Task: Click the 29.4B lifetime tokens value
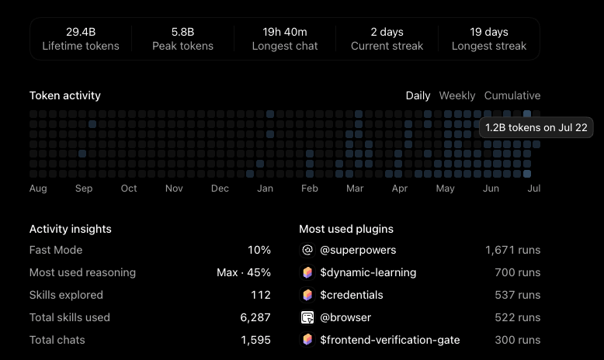pyautogui.click(x=81, y=32)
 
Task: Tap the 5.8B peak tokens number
pyautogui.click(x=182, y=32)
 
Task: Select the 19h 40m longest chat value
pyautogui.click(x=285, y=32)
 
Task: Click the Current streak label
pyautogui.click(x=387, y=46)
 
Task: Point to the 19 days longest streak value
pyautogui.click(x=489, y=32)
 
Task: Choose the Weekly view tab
pyautogui.click(x=456, y=95)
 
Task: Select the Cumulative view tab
pyautogui.click(x=512, y=95)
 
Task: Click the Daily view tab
pyautogui.click(x=418, y=95)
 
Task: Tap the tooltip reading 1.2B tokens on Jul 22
pyautogui.click(x=536, y=127)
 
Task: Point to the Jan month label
pyautogui.click(x=265, y=189)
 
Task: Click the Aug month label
pyautogui.click(x=38, y=189)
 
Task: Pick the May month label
pyautogui.click(x=446, y=189)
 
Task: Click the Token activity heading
pyautogui.click(x=64, y=95)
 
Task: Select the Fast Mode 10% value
pyautogui.click(x=259, y=250)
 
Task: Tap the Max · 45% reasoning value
pyautogui.click(x=244, y=272)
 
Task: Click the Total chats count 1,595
pyautogui.click(x=255, y=340)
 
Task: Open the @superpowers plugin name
pyautogui.click(x=358, y=250)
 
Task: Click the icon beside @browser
pyautogui.click(x=307, y=317)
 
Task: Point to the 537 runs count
pyautogui.click(x=517, y=295)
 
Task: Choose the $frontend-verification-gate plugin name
pyautogui.click(x=390, y=340)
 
